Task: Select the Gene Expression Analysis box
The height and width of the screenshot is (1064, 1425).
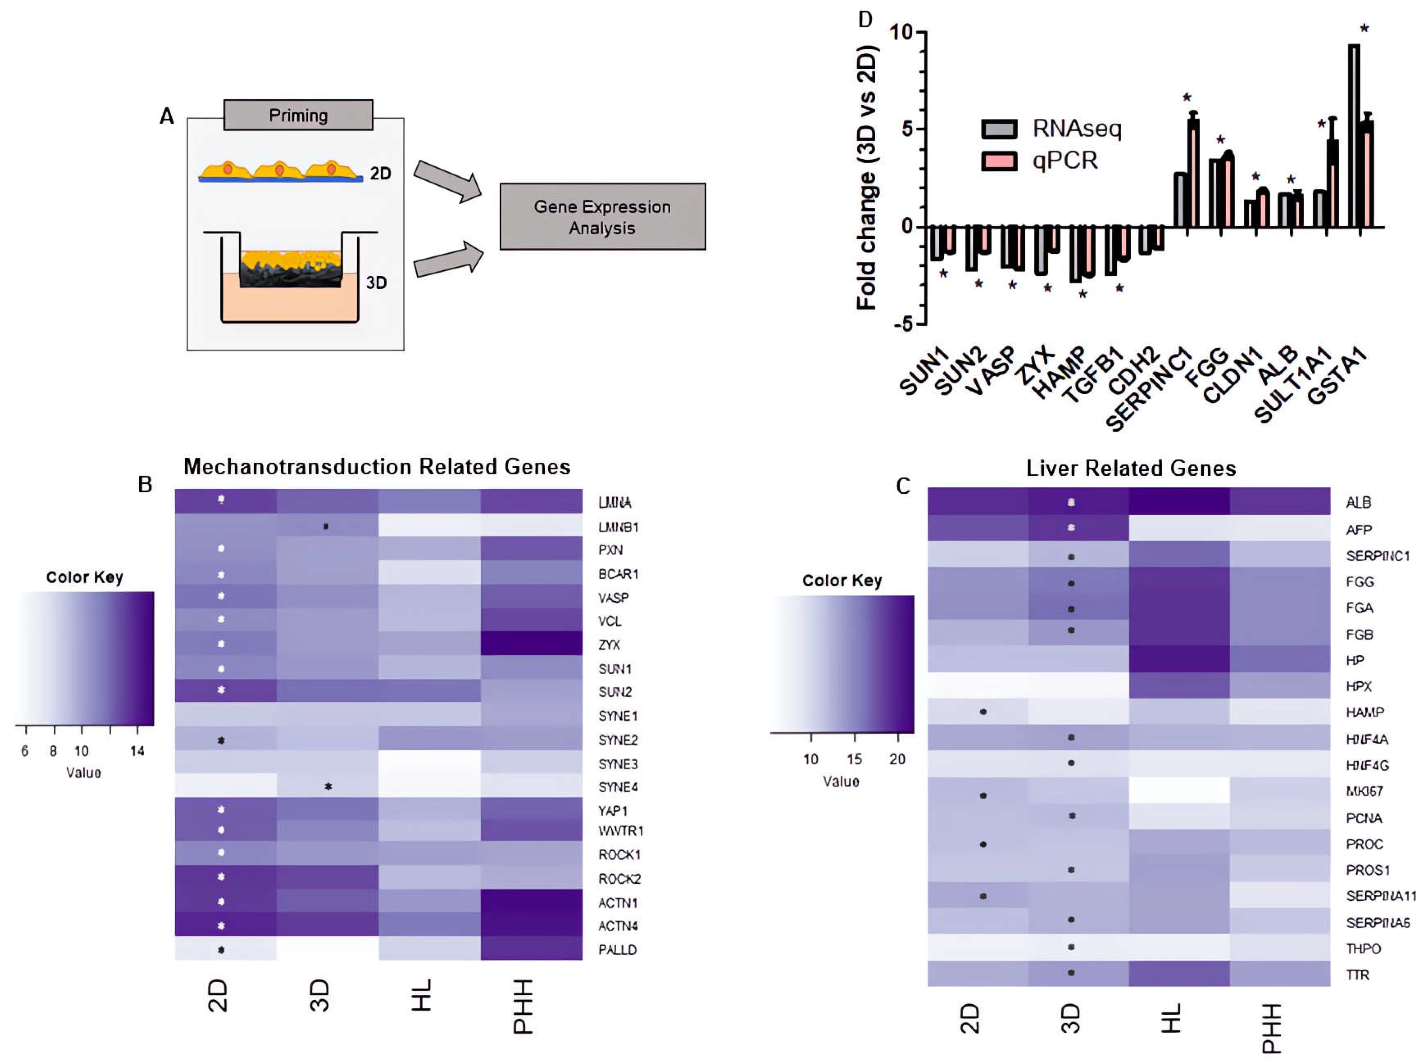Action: (x=602, y=217)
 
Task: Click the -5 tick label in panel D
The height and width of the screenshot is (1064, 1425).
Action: (x=903, y=324)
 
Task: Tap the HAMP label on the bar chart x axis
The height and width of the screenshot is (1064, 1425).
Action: (x=1059, y=374)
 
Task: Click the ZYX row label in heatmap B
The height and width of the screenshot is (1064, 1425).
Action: (x=609, y=645)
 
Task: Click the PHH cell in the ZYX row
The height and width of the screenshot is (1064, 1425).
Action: (x=531, y=644)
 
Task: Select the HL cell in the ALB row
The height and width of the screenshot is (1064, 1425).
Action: (x=1179, y=501)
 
